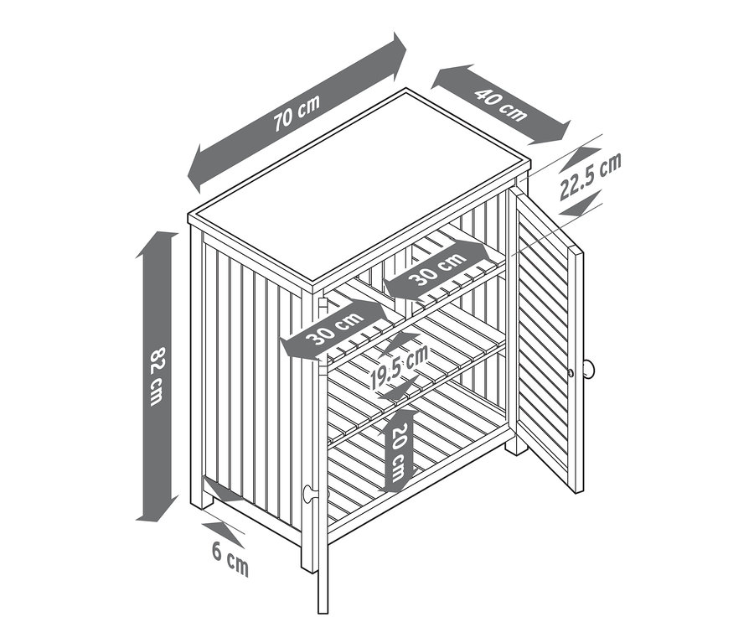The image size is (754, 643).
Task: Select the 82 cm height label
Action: point(158,376)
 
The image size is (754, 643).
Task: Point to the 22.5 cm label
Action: point(591,176)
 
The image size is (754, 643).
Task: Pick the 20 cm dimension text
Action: point(399,453)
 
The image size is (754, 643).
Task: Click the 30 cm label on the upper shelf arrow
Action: point(436,268)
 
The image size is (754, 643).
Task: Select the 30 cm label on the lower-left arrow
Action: point(335,329)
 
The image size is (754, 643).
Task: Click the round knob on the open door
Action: point(589,370)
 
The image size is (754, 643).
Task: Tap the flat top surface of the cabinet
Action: point(359,187)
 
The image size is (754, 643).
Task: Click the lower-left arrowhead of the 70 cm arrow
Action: point(198,169)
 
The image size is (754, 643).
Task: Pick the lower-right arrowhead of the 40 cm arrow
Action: point(553,134)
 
